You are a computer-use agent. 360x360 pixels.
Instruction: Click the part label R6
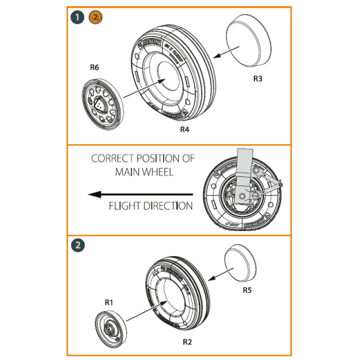[x=94, y=67]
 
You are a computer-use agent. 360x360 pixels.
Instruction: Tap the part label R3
[x=257, y=79]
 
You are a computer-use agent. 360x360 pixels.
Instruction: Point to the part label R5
[x=248, y=290]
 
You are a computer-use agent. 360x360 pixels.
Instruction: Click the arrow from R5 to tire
[x=217, y=274]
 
